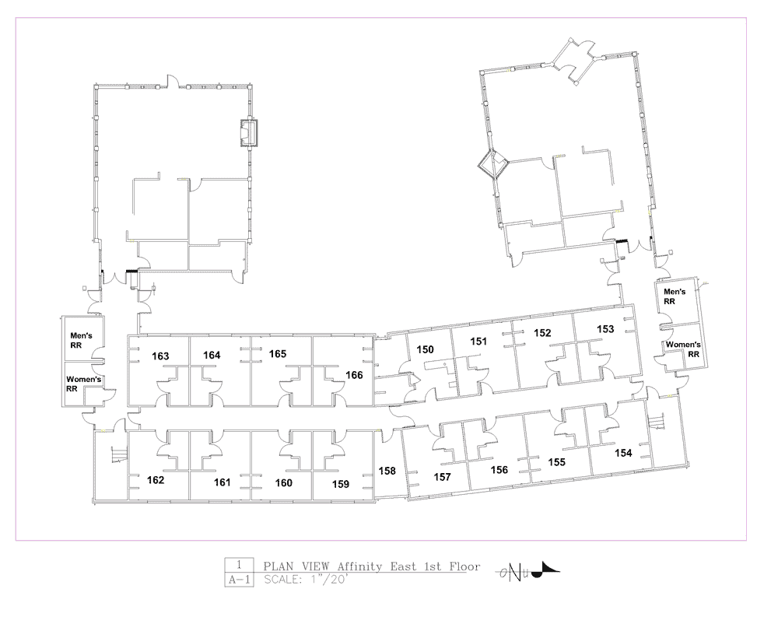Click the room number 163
[160, 356]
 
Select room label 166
[354, 375]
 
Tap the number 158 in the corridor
[387, 471]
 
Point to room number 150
[426, 349]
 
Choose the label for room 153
[605, 329]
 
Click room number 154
[623, 453]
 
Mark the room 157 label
[442, 477]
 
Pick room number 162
[156, 480]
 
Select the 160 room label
[283, 482]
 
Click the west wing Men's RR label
[81, 340]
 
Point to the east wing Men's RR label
[675, 296]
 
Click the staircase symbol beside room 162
[119, 454]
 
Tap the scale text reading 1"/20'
[328, 580]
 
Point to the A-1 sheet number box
[239, 580]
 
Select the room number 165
[278, 354]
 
